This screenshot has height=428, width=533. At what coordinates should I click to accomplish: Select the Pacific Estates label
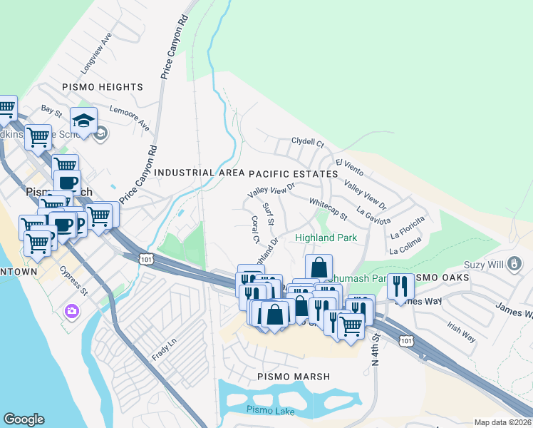pos(293,174)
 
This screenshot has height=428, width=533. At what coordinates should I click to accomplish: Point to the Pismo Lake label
pos(265,409)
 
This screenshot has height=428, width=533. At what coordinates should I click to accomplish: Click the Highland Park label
pos(326,238)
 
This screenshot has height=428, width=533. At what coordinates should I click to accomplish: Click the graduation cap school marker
pos(83,118)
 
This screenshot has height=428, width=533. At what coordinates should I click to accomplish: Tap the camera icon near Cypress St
pos(71,310)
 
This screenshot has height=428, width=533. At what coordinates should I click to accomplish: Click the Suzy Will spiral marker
pos(513,265)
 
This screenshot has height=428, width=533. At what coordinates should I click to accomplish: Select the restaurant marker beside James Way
pos(400,286)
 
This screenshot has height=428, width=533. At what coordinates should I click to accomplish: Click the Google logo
pos(24,419)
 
